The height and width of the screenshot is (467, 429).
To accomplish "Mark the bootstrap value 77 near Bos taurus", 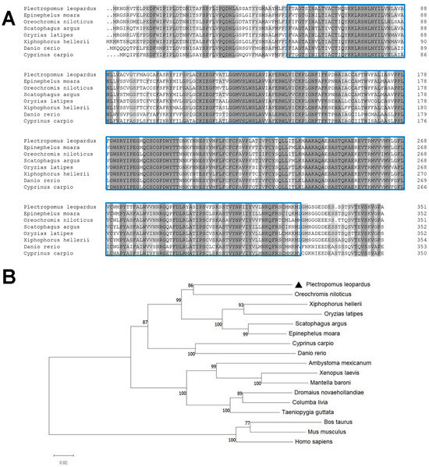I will click(269, 421).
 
